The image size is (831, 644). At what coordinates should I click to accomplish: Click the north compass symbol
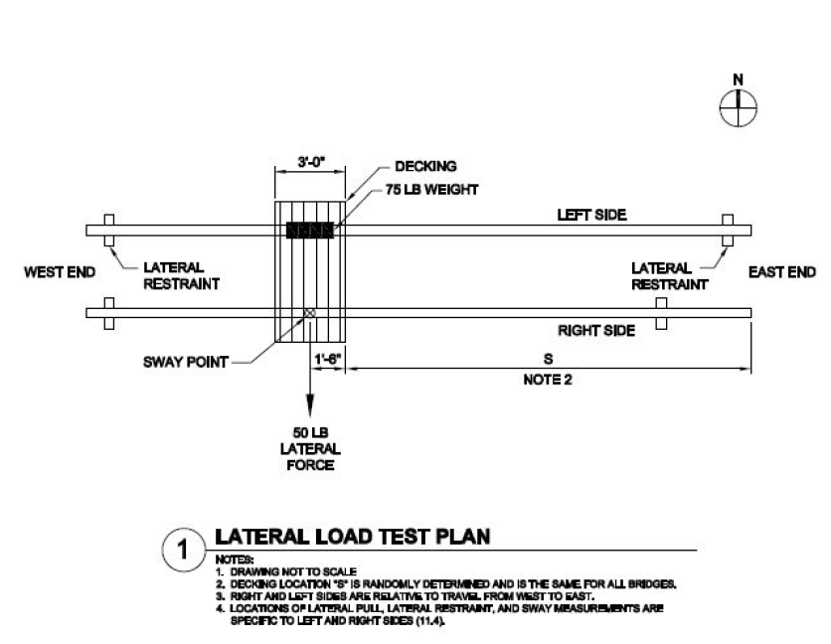click(x=738, y=108)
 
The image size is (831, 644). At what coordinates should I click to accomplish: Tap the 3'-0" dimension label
click(x=310, y=161)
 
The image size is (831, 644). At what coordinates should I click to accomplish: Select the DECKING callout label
click(x=425, y=166)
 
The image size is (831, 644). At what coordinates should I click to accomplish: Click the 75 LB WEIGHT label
click(x=432, y=190)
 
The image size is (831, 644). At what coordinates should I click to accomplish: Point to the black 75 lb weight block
click(x=310, y=230)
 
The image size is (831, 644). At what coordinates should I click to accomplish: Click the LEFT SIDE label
click(x=591, y=215)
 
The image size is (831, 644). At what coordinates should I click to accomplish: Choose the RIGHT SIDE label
click(x=596, y=331)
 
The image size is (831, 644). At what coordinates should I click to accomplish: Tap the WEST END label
click(x=60, y=272)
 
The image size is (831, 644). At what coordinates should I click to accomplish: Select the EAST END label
click(x=781, y=272)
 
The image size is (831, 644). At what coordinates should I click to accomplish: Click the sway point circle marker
click(x=310, y=313)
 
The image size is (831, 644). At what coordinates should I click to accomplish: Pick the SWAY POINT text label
click(x=186, y=362)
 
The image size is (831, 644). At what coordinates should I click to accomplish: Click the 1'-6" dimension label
click(x=327, y=360)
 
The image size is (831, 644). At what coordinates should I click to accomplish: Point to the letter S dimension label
click(x=548, y=359)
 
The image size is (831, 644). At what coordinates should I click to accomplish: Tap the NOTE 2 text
click(x=548, y=380)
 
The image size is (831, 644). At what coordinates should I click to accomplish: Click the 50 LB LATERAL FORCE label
click(x=310, y=449)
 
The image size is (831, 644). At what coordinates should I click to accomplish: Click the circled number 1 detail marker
click(x=183, y=550)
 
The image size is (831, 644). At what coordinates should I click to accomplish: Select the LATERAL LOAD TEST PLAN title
click(x=353, y=537)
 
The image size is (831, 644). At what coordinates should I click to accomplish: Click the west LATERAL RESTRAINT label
click(x=181, y=275)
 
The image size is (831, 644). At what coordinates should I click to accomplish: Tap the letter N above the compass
click(x=738, y=80)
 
